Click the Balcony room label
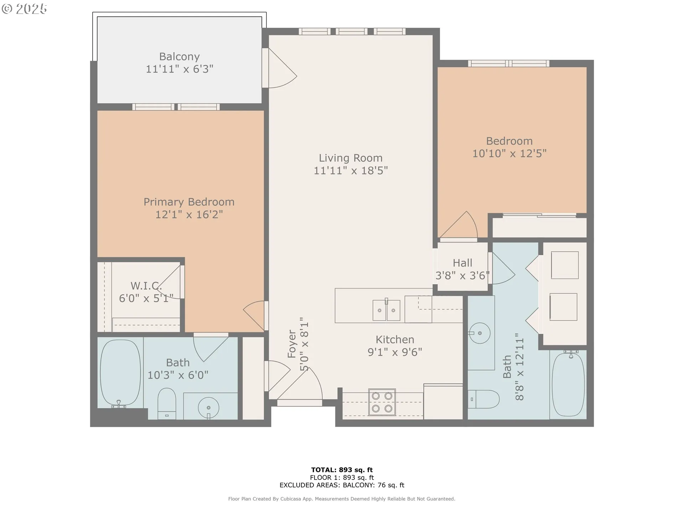tap(179, 57)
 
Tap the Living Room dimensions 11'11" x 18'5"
tap(351, 171)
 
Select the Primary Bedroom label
tap(189, 202)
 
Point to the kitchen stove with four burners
tap(382, 402)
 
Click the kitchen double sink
tap(387, 310)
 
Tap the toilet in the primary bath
tap(167, 404)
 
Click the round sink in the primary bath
tap(208, 408)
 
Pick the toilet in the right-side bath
tap(484, 399)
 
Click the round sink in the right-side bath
tap(480, 333)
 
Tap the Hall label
tap(462, 263)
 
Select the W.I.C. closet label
tap(146, 286)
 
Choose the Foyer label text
tap(292, 344)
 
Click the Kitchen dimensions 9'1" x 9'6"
tap(395, 352)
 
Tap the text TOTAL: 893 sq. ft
tap(342, 470)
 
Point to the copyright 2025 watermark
tap(24, 9)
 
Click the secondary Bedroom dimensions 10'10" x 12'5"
tap(509, 154)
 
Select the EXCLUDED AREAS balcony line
tap(342, 485)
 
